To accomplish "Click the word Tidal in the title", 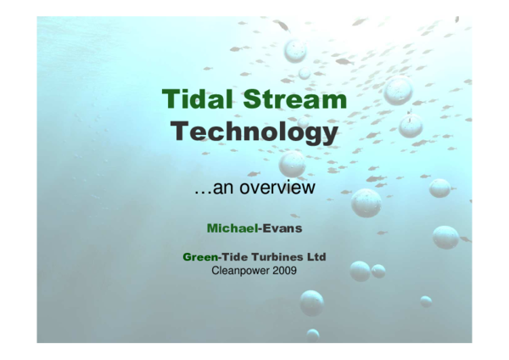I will pyautogui.click(x=195, y=99).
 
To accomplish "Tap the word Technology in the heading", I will pyautogui.click(x=254, y=132).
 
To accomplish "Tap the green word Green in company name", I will pyautogui.click(x=199, y=256).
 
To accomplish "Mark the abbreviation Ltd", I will pyautogui.click(x=316, y=256).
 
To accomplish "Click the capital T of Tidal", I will pyautogui.click(x=170, y=99).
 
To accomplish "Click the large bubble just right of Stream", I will pyautogui.click(x=398, y=90).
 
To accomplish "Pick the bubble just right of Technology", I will pyautogui.click(x=411, y=126).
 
